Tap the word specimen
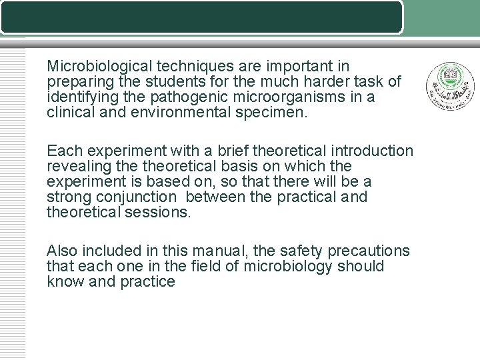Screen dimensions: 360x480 (x=273, y=113)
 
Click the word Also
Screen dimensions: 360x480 (x=62, y=251)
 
